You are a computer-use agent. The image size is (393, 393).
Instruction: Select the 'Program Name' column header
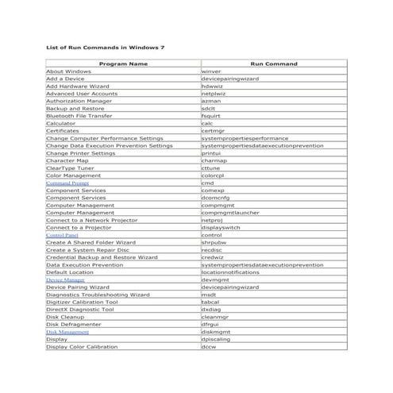click(x=123, y=64)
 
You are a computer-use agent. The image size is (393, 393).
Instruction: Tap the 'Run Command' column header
click(x=274, y=64)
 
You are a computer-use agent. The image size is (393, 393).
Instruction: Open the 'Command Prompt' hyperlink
click(x=67, y=183)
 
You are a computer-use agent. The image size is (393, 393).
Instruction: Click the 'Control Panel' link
click(x=62, y=235)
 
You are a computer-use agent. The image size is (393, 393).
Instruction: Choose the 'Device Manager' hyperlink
click(x=65, y=279)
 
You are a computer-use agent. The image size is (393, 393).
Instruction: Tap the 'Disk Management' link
click(x=67, y=332)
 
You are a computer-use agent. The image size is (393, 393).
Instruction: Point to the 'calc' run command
click(x=207, y=124)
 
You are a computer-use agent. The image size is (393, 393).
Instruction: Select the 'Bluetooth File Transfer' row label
click(x=79, y=116)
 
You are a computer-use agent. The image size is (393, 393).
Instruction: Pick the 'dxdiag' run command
click(x=210, y=309)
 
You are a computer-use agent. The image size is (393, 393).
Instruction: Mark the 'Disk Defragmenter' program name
click(x=74, y=324)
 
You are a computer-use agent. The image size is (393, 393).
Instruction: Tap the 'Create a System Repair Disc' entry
click(x=87, y=249)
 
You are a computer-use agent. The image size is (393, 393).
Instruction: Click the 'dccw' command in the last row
click(x=209, y=346)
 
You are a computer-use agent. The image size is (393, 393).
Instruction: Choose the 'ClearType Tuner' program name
click(x=71, y=168)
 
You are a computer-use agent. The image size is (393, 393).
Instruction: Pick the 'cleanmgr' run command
click(x=215, y=317)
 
